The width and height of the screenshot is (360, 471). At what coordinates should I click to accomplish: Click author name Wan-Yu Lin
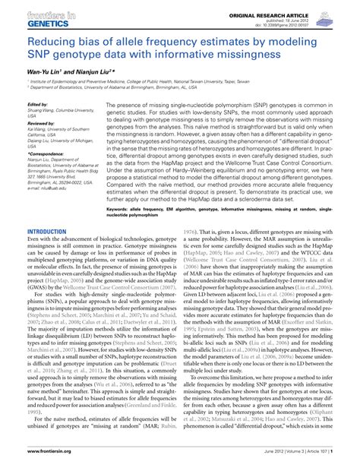[45, 71]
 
